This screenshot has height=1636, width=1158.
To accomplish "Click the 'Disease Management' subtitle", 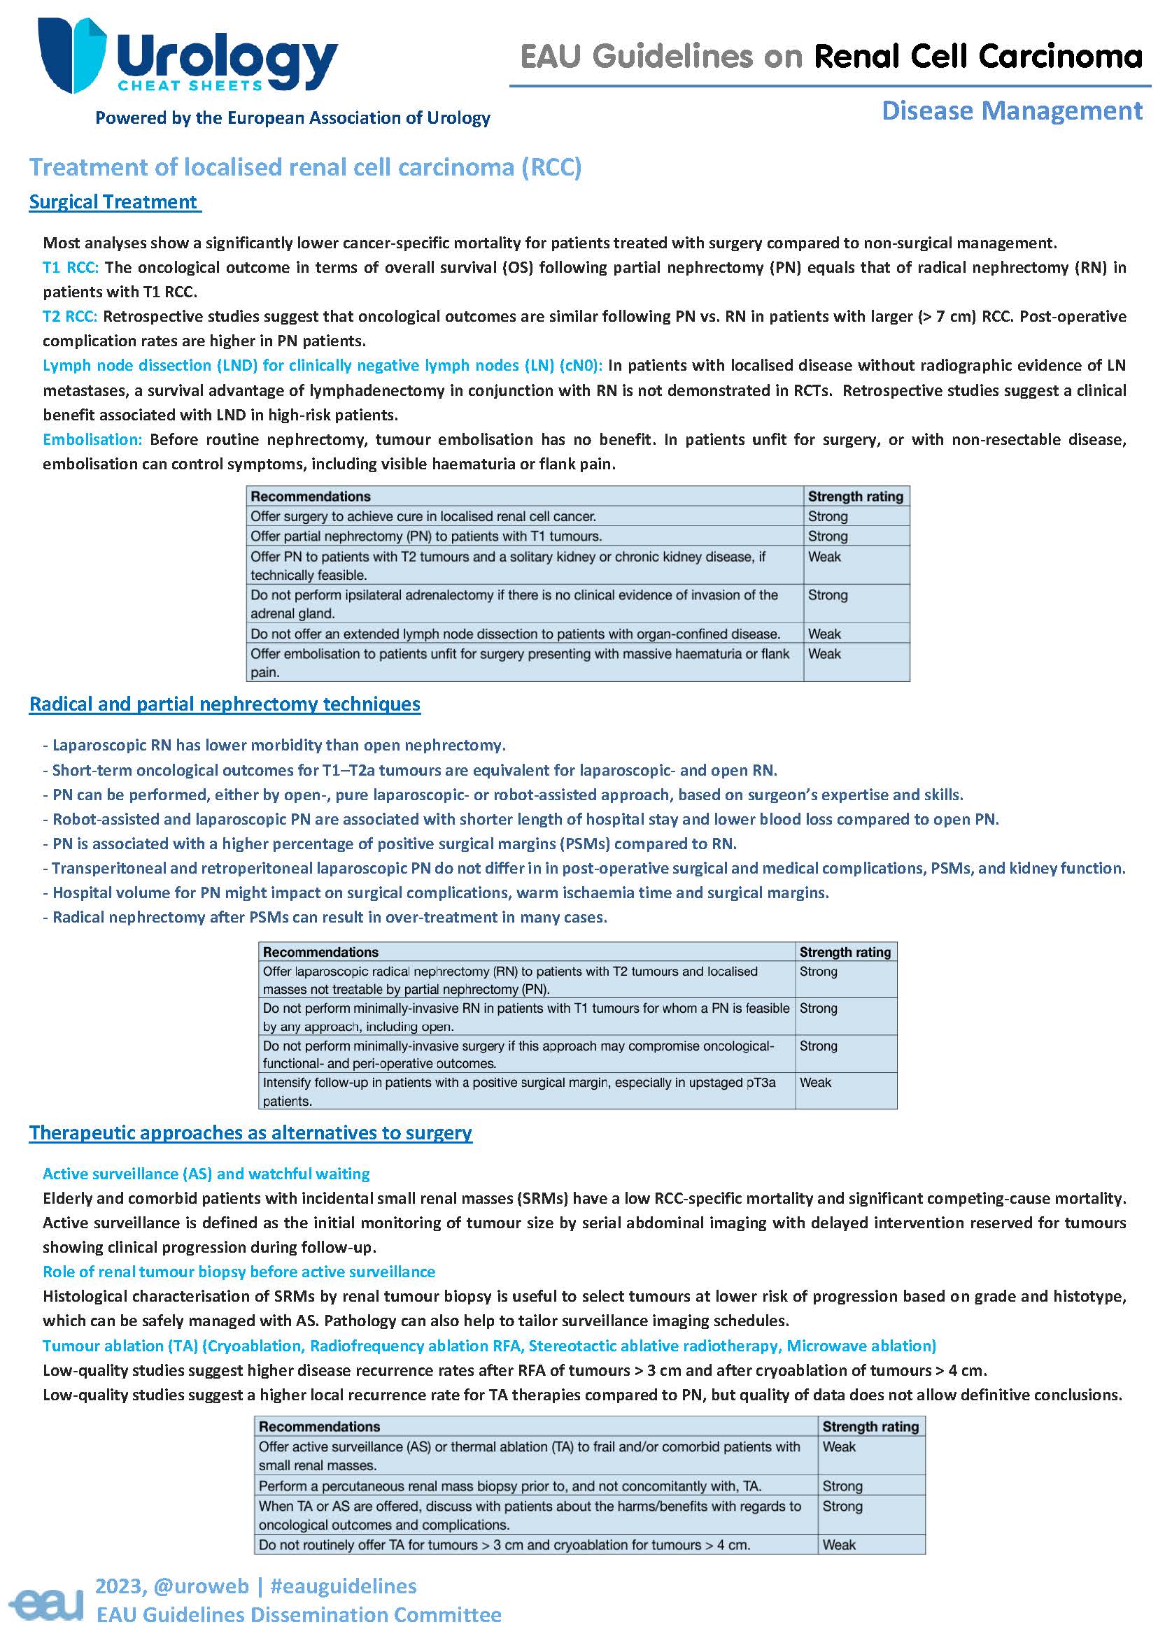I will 1011,111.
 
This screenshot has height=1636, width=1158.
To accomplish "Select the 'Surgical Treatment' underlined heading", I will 113,201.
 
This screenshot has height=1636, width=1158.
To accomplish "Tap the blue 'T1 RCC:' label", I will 70,267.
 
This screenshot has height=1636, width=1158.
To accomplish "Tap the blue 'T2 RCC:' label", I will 70,315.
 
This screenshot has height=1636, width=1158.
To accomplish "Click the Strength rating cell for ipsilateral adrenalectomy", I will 827,595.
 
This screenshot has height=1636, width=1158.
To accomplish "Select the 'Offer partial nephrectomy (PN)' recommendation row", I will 425,536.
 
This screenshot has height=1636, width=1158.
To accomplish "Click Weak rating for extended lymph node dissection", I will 824,634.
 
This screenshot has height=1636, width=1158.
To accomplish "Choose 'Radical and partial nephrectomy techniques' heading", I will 225,704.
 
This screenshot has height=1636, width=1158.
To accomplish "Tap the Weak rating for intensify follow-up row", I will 815,1083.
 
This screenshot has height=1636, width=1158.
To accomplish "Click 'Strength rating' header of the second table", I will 845,952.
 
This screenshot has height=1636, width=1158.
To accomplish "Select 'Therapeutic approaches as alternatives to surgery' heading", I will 250,1132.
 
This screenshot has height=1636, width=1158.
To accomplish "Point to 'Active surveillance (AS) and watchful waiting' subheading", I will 206,1174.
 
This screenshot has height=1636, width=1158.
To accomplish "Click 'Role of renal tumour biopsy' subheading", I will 239,1272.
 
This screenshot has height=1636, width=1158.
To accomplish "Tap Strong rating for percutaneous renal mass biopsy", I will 842,1486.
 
